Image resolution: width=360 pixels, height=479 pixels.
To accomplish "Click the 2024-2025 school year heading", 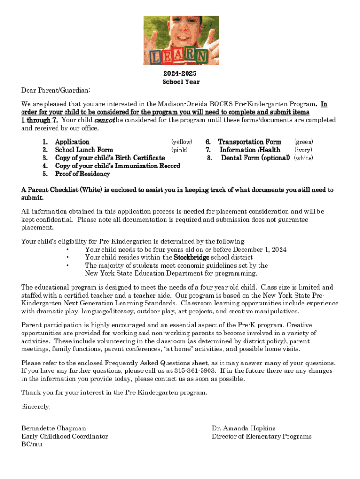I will [x=180, y=74].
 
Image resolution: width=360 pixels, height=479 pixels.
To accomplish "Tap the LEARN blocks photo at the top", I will [x=180, y=41].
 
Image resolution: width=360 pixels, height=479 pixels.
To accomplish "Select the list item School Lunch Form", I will [x=84, y=150].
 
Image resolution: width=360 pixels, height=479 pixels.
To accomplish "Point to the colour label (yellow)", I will [x=181, y=142].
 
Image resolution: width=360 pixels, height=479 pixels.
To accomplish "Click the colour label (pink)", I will [x=179, y=150].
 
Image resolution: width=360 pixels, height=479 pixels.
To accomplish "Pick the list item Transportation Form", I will [x=250, y=142].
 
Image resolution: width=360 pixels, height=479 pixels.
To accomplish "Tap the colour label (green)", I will [x=303, y=142].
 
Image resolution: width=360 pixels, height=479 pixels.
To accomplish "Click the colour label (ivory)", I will [x=303, y=150].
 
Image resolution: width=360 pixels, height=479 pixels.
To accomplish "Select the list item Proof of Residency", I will [x=82, y=174].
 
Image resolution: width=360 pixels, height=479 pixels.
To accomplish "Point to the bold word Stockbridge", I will [x=192, y=257].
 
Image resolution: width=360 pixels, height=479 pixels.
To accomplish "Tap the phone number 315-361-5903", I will [x=196, y=371].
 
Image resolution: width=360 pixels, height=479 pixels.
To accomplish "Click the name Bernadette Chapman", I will [x=53, y=428].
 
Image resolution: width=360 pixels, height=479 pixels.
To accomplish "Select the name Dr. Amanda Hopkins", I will [x=244, y=428].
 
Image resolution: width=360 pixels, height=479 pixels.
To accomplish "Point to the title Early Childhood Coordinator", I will [x=65, y=436].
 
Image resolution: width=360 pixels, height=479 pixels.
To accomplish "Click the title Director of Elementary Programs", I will [x=261, y=436].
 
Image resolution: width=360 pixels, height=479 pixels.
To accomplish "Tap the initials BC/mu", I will [x=32, y=444].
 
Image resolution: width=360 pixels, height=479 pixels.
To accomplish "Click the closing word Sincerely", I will [x=36, y=407].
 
